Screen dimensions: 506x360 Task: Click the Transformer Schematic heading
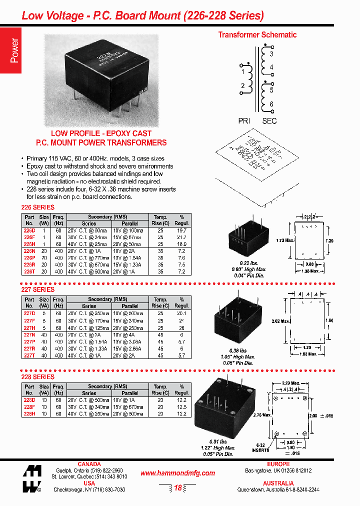coord(257,34)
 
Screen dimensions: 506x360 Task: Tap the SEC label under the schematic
coord(269,121)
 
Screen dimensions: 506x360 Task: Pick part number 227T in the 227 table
coord(29,355)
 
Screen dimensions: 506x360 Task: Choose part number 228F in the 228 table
coord(29,407)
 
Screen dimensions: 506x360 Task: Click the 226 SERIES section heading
coord(37,207)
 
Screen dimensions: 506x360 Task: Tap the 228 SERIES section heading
coord(37,376)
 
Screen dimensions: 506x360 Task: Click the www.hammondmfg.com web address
coord(177,473)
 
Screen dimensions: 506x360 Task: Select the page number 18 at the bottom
coord(178,488)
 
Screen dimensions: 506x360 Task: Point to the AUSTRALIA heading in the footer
coord(278,483)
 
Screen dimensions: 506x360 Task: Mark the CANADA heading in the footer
coord(89,464)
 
